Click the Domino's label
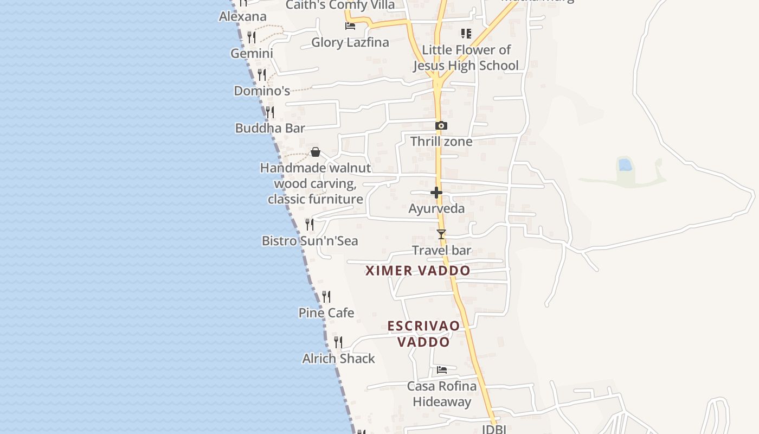262,91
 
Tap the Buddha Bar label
270,128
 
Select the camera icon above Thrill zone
441,126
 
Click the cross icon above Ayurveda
436,193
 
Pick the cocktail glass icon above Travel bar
441,234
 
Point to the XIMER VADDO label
418,270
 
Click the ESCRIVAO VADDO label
424,334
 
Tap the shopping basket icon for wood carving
316,152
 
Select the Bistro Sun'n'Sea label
310,240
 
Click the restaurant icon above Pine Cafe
326,297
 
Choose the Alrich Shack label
339,359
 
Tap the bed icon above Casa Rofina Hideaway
442,370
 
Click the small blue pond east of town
625,164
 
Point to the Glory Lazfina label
350,42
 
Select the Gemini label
252,53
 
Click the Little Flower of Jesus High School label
466,58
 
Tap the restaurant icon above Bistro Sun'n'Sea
310,224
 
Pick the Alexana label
243,16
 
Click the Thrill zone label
441,142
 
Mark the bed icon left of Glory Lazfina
350,25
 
